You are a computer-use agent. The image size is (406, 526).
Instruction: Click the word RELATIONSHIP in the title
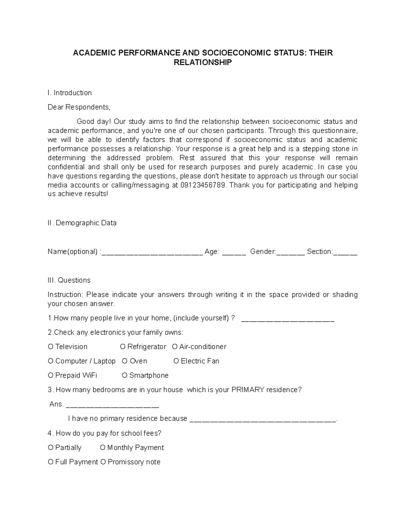click(x=203, y=62)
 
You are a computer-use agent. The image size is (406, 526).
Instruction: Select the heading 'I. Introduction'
click(x=70, y=93)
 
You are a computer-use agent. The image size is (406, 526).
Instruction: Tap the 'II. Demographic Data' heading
click(x=82, y=223)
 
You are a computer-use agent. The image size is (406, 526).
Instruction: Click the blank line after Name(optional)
click(x=152, y=252)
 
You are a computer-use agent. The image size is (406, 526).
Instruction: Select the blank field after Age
click(x=234, y=252)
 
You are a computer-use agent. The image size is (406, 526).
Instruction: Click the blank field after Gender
click(x=291, y=252)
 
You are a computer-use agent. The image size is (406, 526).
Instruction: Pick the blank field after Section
click(x=345, y=252)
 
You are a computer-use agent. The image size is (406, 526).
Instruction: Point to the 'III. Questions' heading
click(x=69, y=280)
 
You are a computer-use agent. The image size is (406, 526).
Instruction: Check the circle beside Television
click(x=51, y=347)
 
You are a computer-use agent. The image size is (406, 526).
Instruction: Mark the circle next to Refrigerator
click(x=123, y=347)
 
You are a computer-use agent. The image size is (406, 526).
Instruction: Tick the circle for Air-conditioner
click(x=175, y=347)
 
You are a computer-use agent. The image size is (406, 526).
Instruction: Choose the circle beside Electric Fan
click(x=176, y=361)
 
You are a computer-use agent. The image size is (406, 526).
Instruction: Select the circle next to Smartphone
click(x=125, y=375)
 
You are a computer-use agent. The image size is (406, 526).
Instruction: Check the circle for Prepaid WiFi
click(x=51, y=375)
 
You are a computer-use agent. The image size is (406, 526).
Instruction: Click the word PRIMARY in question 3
click(x=248, y=390)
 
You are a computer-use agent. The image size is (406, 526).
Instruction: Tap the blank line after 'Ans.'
click(x=112, y=405)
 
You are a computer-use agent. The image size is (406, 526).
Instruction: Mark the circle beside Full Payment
click(x=51, y=462)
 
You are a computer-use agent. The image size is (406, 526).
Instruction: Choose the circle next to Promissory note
click(x=103, y=462)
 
